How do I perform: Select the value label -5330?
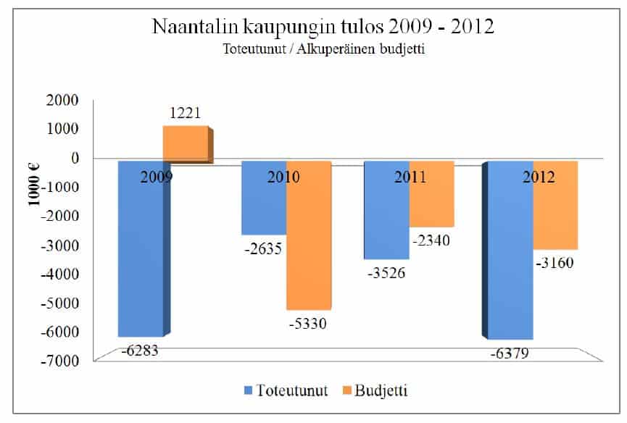point(307,324)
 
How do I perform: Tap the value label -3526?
point(386,273)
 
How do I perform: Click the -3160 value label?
point(556,262)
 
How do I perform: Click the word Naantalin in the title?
point(196,27)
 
